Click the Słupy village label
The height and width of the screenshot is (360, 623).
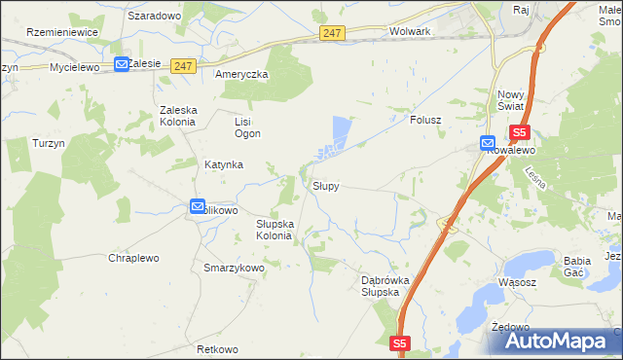coord(325,185)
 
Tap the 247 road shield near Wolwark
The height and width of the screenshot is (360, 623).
coord(332,33)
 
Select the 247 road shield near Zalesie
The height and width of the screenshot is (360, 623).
coord(184,65)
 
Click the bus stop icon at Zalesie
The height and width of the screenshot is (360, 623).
coord(122,63)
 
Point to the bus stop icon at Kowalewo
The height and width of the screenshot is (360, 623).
coord(487,142)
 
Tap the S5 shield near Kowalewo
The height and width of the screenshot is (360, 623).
coord(519,132)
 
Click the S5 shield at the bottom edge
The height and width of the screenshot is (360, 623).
coord(401,342)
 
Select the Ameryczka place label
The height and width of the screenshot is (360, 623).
coord(242,74)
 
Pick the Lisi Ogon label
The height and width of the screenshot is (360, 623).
coord(243,127)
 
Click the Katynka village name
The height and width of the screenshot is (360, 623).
coord(223,164)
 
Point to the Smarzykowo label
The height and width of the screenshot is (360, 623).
coord(234,267)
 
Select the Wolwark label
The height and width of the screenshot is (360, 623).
coord(409,31)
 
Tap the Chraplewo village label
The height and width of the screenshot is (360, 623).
coord(133,258)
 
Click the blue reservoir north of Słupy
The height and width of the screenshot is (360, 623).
coord(340,130)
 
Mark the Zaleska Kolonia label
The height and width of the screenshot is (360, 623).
coord(179,117)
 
